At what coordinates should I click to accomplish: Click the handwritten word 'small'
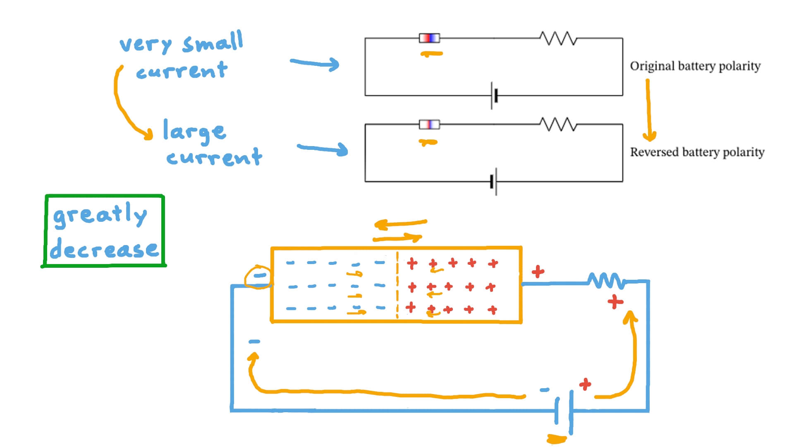pos(212,42)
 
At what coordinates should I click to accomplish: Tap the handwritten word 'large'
pos(194,131)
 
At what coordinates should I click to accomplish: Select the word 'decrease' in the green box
pos(104,249)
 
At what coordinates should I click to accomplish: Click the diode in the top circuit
pos(429,38)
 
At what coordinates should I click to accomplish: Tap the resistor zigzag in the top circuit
pos(558,38)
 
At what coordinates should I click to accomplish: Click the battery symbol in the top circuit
pos(494,96)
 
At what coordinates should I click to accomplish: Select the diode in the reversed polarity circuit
pos(429,124)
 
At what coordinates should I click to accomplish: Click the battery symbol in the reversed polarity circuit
pos(494,181)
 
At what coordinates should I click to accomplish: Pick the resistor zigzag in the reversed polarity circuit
pos(558,124)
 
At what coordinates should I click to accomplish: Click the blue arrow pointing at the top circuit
pos(315,63)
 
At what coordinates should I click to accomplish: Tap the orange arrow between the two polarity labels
pos(648,110)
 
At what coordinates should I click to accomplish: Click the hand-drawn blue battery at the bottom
pos(564,412)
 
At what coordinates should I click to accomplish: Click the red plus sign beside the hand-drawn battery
pos(585,385)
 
